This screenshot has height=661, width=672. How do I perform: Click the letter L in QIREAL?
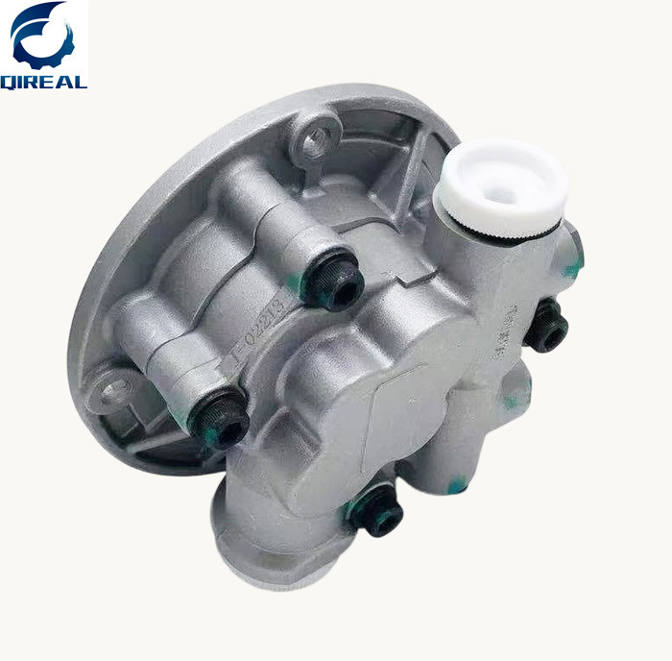[81, 82]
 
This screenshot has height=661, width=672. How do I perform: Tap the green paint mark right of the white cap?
[572, 270]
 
